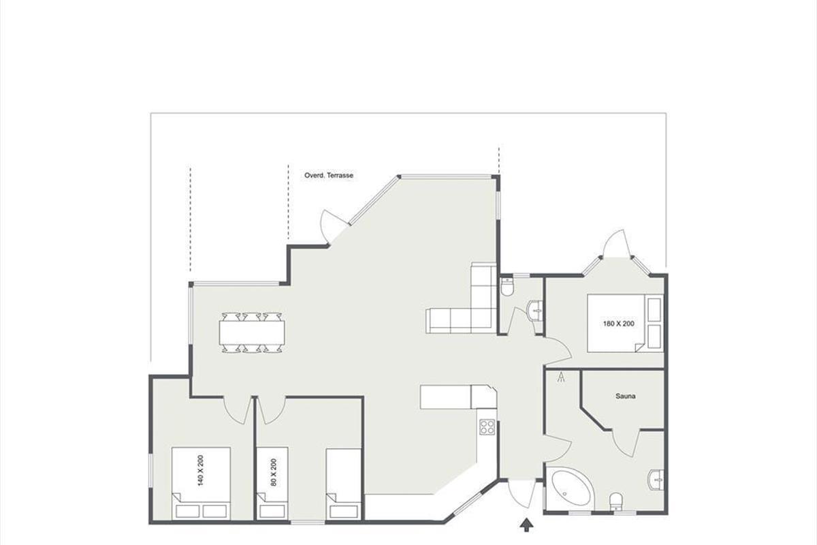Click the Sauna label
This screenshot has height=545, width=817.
626,396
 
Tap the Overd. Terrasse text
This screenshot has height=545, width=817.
329,176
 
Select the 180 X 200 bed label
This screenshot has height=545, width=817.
619,324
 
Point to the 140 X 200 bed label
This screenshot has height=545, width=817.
200,471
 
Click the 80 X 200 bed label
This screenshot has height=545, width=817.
274,472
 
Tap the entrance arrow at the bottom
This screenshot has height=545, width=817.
526,526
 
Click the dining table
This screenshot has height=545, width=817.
252,332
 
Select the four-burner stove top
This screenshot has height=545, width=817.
487,426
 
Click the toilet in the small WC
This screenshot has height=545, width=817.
507,287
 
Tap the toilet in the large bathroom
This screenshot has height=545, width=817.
616,501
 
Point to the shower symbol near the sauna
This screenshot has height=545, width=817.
561,377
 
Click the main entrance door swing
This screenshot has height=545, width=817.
522,495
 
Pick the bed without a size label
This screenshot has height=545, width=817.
343,483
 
